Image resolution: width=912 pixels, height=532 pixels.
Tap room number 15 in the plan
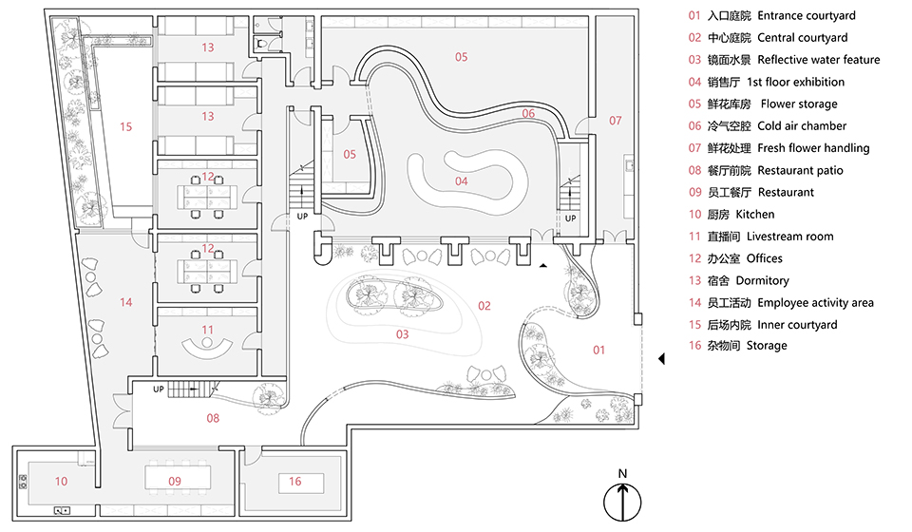pos(126,125)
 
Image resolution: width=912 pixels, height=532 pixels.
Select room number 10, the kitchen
pos(61,482)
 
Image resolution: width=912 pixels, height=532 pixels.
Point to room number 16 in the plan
pos(295,482)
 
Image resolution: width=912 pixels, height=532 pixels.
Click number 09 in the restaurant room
pos(174,482)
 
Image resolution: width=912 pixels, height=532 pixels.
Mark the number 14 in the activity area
pos(126,302)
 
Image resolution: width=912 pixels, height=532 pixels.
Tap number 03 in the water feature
pos(402,333)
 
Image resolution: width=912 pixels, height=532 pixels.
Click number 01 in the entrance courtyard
pos(599,350)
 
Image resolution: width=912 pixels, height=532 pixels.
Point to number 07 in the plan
pos(615,121)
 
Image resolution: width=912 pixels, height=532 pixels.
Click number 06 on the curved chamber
pos(528,113)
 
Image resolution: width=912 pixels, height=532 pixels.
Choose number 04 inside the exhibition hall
pos(462,180)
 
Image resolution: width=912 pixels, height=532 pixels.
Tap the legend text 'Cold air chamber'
pos(801,125)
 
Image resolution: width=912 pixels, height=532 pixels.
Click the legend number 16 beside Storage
pos(693,346)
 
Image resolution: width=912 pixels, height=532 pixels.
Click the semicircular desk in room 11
pos(208,346)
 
